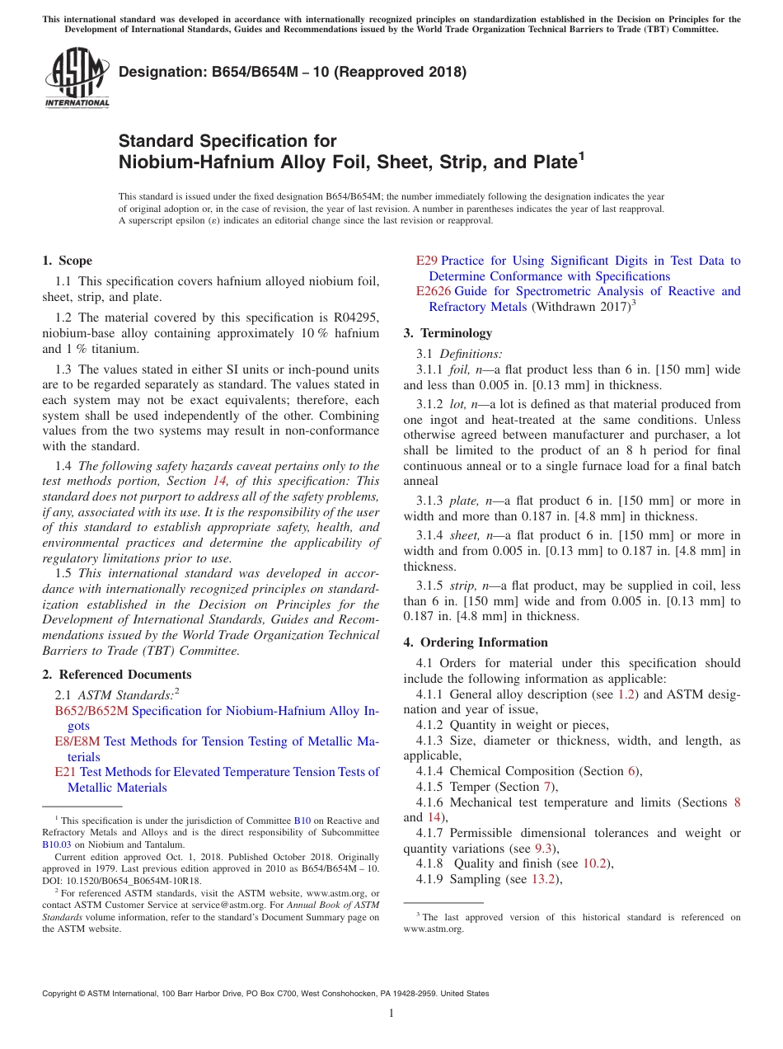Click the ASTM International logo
pyautogui.click(x=77, y=78)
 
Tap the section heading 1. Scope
pyautogui.click(x=67, y=261)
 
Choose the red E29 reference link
pyautogui.click(x=427, y=261)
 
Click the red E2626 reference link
pyautogui.click(x=434, y=291)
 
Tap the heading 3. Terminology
pyautogui.click(x=448, y=333)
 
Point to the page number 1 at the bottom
pyautogui.click(x=391, y=1014)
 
